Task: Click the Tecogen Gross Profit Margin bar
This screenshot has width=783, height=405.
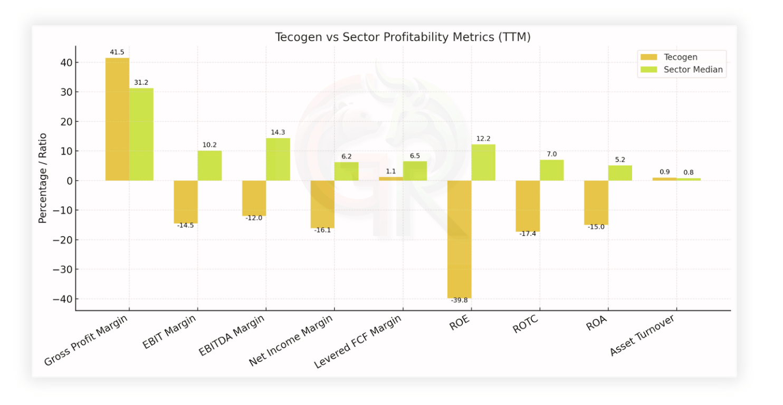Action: (117, 119)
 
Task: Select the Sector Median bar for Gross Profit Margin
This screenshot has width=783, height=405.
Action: (141, 134)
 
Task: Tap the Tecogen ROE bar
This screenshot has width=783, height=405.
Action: (459, 239)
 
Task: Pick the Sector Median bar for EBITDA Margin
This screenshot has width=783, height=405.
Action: (278, 159)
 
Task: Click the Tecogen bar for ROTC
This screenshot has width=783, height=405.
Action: (528, 206)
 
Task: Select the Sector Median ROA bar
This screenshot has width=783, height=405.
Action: (620, 173)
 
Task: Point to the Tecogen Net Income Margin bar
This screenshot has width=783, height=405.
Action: (322, 204)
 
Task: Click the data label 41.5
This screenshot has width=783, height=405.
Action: (117, 52)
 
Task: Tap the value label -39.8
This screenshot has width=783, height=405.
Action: (459, 300)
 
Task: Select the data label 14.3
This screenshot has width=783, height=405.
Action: (278, 132)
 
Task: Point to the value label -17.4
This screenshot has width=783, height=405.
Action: (528, 234)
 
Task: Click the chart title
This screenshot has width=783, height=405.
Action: (403, 37)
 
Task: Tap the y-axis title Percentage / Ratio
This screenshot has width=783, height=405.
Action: (43, 178)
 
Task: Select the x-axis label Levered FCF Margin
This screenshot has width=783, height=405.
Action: (358, 342)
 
